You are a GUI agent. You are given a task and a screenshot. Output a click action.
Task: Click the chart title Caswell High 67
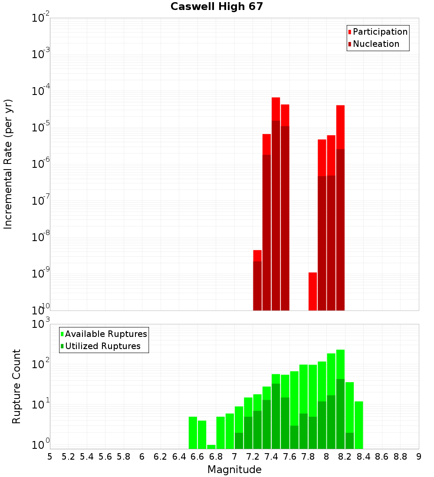tap(217, 7)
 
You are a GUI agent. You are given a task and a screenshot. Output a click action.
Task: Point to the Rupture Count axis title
tap(16, 386)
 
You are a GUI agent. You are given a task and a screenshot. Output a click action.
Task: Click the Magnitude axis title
tap(234, 470)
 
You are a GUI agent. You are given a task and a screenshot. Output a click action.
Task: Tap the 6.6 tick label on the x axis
tap(197, 457)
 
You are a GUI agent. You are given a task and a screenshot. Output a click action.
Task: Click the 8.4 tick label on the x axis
tap(363, 457)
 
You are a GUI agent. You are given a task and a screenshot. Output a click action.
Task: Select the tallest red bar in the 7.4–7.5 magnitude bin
tap(276, 108)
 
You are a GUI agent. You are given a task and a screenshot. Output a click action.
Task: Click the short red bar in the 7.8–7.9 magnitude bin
tap(312, 291)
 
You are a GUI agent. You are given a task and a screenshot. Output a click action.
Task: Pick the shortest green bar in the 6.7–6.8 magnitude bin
tap(211, 447)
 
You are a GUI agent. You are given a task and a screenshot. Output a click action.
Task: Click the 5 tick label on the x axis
tap(50, 457)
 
